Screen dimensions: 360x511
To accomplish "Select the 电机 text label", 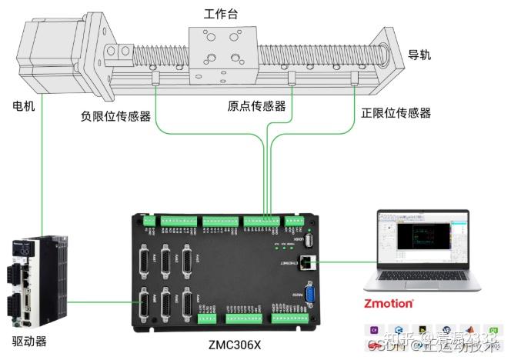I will tap(23, 106).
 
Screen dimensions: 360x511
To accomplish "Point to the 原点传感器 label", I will tap(256, 106).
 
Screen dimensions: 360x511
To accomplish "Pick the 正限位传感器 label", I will tap(396, 113).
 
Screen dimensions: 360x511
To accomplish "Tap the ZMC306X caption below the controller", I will tap(235, 345).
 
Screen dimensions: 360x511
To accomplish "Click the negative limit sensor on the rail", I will tap(156, 79).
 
